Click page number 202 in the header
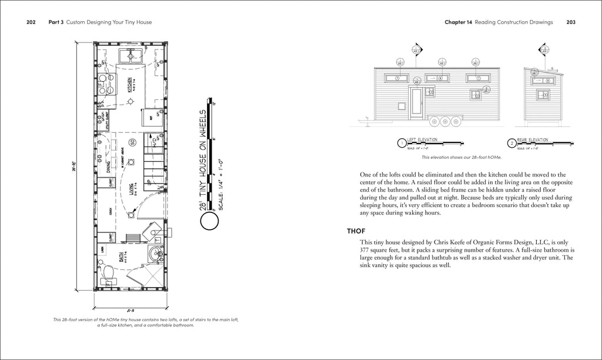coord(31,22)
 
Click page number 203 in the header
coord(570,22)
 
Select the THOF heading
coord(357,231)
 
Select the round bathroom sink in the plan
coord(154,255)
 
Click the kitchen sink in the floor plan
coord(128,56)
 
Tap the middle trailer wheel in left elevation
coord(446,122)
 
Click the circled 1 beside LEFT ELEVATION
coord(402,143)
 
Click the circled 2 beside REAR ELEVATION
coord(512,143)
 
